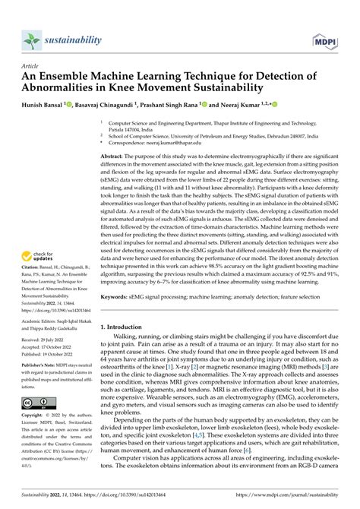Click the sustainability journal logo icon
[x=30, y=40]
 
